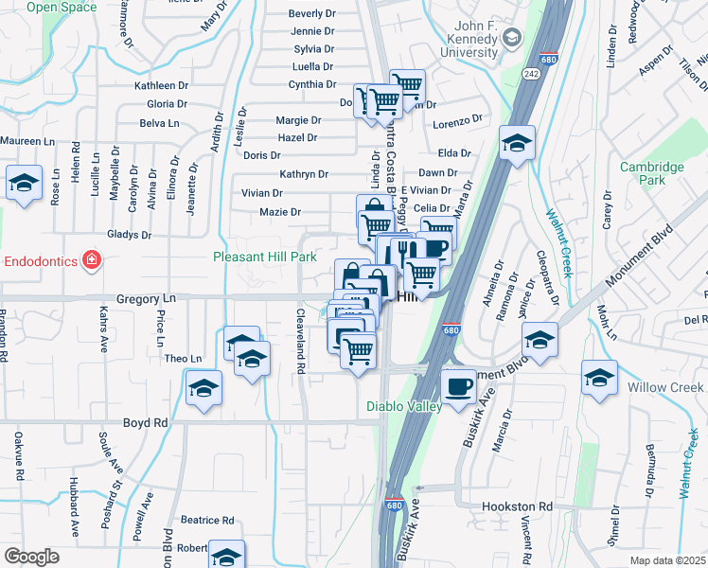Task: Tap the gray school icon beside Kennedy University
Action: tap(513, 38)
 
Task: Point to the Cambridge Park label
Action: tap(652, 173)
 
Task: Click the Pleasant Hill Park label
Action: tap(264, 257)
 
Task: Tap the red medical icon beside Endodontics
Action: tap(91, 259)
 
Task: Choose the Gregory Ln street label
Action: tap(141, 298)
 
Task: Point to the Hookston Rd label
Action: tap(517, 507)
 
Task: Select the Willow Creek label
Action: tap(669, 387)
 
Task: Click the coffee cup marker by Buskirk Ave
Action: tap(459, 386)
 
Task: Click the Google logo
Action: tap(31, 556)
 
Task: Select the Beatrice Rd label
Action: tap(207, 520)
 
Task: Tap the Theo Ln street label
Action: tap(184, 359)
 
